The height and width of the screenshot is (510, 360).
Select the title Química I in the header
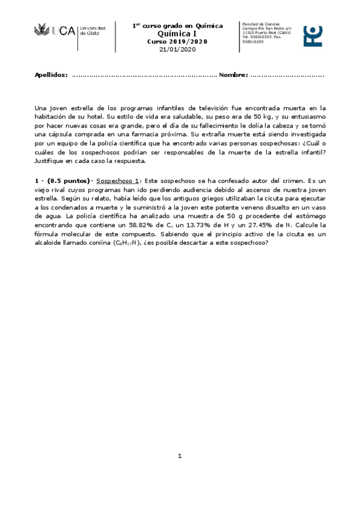point(177,34)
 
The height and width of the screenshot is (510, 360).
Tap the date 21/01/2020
point(177,49)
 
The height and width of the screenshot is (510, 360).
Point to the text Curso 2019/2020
point(177,41)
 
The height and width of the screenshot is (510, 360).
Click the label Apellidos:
point(51,75)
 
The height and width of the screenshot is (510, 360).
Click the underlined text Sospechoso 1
point(118,180)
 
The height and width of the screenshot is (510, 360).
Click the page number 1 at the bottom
point(179,456)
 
